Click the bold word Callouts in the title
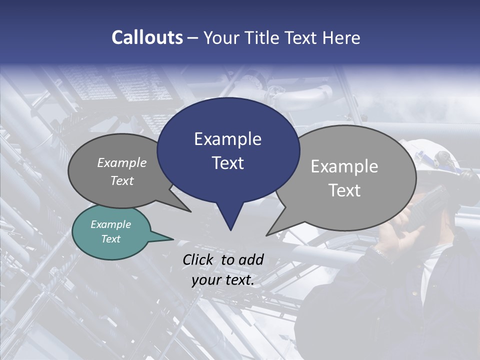(147, 37)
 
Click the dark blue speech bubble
(228, 150)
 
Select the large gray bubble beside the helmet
(350, 177)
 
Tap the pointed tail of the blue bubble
(230, 220)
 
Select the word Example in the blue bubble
(227, 139)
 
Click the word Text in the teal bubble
(111, 239)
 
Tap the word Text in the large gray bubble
(344, 190)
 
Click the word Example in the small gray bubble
(122, 162)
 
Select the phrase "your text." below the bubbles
(223, 280)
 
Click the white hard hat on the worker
(430, 155)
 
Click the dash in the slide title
(193, 38)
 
